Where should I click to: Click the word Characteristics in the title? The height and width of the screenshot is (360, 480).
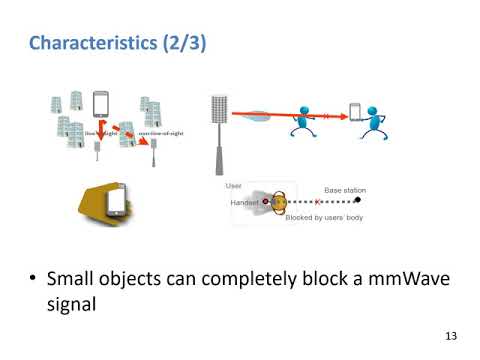(x=87, y=44)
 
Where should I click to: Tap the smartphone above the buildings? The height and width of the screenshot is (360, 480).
(x=100, y=104)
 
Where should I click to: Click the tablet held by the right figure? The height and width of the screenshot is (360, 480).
(x=354, y=112)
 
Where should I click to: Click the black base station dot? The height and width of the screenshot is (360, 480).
(x=358, y=201)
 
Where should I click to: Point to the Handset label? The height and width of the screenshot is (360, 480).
(x=244, y=201)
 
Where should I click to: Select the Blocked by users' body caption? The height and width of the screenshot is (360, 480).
(x=323, y=216)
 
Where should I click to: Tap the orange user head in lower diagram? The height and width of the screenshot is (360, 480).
(x=282, y=201)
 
